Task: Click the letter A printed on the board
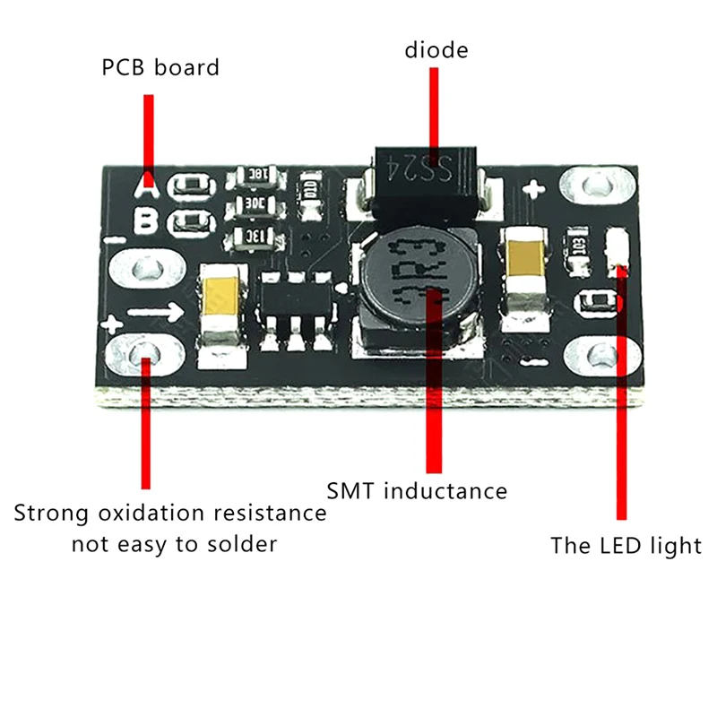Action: [x=148, y=187]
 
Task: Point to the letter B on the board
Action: [x=146, y=220]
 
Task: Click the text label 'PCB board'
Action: [x=160, y=67]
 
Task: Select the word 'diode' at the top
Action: [x=436, y=49]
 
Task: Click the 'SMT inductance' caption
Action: [x=417, y=491]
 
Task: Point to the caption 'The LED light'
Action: [x=626, y=545]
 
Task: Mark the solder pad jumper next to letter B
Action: [x=194, y=221]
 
